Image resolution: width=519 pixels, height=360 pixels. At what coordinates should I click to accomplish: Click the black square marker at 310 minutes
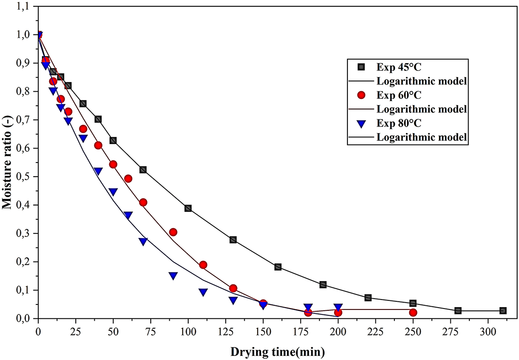click(503, 311)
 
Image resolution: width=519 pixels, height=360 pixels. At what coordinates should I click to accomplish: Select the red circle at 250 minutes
click(413, 313)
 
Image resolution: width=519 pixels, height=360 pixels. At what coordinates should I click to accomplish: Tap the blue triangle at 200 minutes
click(338, 308)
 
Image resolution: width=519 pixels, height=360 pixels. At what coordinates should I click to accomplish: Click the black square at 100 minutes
click(188, 208)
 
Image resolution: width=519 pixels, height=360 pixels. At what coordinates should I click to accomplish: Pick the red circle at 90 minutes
click(173, 232)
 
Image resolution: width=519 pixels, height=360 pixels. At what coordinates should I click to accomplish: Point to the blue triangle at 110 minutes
click(203, 292)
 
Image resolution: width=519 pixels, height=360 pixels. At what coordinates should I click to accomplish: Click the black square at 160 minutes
click(278, 267)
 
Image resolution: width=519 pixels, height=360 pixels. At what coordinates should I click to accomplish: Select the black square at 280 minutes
click(458, 311)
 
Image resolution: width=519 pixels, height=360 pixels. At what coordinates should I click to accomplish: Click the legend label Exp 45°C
click(398, 67)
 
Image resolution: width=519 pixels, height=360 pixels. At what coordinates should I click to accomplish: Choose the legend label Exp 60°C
click(398, 95)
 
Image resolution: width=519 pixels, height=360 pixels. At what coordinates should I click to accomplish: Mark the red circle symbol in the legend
click(361, 95)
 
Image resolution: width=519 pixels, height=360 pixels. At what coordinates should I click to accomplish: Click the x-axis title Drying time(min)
click(278, 351)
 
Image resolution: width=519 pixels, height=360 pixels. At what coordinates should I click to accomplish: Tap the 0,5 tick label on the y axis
click(23, 177)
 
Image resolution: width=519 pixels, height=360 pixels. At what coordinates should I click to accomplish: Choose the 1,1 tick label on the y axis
click(23, 6)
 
